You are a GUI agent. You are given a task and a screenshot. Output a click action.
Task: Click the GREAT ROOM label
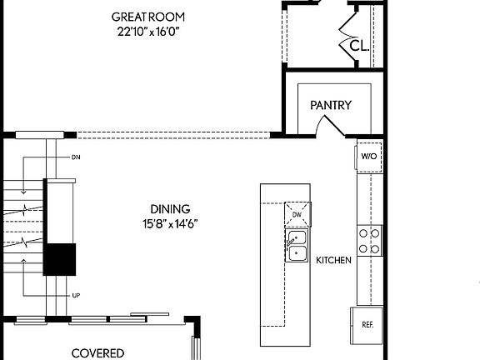pyautogui.click(x=149, y=17)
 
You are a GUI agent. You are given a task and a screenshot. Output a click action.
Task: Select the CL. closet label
pyautogui.click(x=359, y=45)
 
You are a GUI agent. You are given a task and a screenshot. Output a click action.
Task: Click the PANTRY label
pyautogui.click(x=331, y=106)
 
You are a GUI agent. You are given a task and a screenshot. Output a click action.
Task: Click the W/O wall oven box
pyautogui.click(x=369, y=156)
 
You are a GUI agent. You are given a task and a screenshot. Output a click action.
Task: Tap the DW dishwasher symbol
pyautogui.click(x=297, y=214)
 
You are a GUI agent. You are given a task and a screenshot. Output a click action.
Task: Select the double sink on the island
pyautogui.click(x=297, y=247)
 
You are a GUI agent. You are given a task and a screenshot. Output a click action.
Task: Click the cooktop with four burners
pyautogui.click(x=370, y=241)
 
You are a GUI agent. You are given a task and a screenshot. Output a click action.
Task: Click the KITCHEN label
pyautogui.click(x=333, y=261)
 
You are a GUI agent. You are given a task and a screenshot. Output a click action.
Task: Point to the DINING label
pyautogui.click(x=170, y=209)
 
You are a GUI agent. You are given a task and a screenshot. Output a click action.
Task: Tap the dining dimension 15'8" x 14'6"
pyautogui.click(x=170, y=223)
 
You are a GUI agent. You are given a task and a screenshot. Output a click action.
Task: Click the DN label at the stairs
pyautogui.click(x=76, y=157)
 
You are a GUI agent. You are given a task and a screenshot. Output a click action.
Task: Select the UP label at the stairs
pyautogui.click(x=76, y=296)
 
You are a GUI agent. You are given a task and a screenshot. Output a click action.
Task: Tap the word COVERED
pyautogui.click(x=97, y=353)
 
